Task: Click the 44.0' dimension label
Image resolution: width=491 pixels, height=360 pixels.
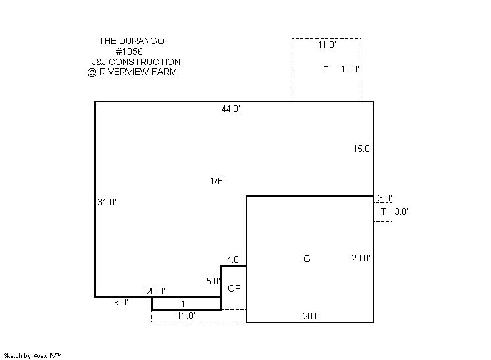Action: pyautogui.click(x=231, y=109)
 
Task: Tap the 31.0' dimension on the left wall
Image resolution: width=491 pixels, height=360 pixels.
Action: pyautogui.click(x=107, y=202)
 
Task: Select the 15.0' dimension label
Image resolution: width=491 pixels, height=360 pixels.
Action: pyautogui.click(x=363, y=149)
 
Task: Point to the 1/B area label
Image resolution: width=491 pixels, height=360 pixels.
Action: pyautogui.click(x=217, y=181)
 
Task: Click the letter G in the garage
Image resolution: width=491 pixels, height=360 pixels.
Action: pyautogui.click(x=307, y=259)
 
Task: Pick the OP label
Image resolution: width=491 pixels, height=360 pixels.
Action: pyautogui.click(x=234, y=288)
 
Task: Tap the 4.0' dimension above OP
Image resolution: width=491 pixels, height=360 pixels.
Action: pyautogui.click(x=234, y=259)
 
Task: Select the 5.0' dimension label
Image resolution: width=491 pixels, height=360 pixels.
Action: pyautogui.click(x=213, y=281)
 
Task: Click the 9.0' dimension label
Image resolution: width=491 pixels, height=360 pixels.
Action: pyautogui.click(x=121, y=302)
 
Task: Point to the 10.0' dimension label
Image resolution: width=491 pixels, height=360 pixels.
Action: pyautogui.click(x=349, y=69)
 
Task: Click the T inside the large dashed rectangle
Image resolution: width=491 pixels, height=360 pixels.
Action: pyautogui.click(x=326, y=70)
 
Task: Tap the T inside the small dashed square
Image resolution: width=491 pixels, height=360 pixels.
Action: pyautogui.click(x=383, y=212)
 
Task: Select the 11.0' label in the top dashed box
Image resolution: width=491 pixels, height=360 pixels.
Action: pyautogui.click(x=327, y=45)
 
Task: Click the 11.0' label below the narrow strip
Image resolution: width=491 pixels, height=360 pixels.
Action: pyautogui.click(x=186, y=315)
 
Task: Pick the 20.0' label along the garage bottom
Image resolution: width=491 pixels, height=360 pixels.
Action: pyautogui.click(x=312, y=316)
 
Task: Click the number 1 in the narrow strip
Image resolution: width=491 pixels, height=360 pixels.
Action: pyautogui.click(x=183, y=304)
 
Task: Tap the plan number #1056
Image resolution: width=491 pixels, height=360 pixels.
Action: pyautogui.click(x=129, y=51)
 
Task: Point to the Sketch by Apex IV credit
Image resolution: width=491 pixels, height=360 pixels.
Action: pyautogui.click(x=32, y=356)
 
